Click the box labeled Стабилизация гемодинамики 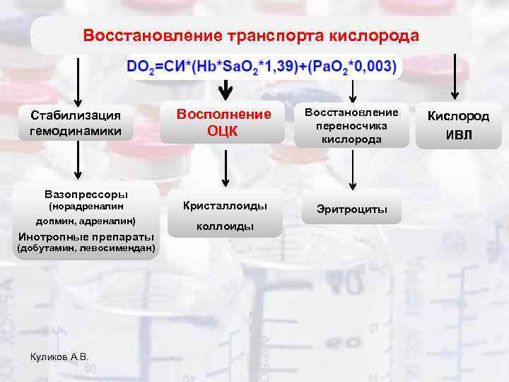coord(76,122)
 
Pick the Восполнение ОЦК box coord(223,122)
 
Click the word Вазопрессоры coord(86,192)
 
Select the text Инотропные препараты coord(86,236)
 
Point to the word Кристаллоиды coord(225,205)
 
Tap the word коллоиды coord(225,226)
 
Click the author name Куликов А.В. coord(60,357)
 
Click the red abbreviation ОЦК coord(223,130)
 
